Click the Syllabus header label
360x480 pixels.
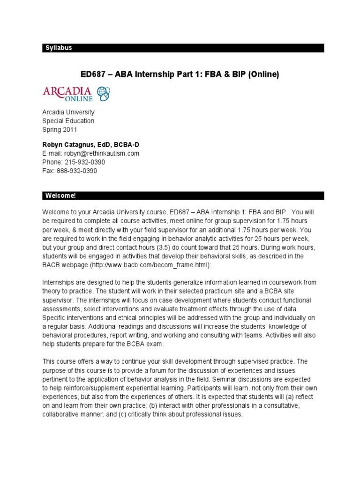tap(59, 48)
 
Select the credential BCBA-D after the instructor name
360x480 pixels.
tap(124, 144)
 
